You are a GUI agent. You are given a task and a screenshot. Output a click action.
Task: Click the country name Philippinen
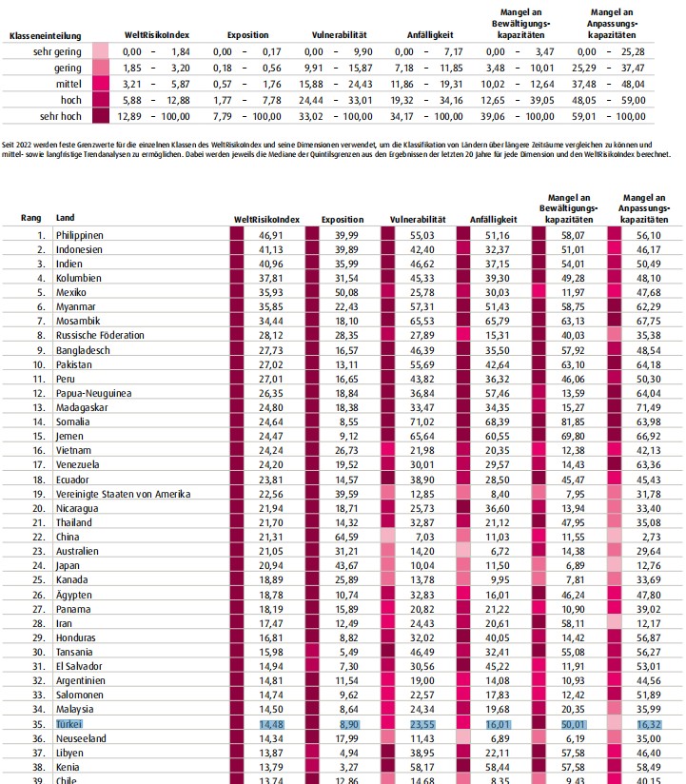coord(80,236)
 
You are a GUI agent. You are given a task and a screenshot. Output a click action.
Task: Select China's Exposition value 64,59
coord(346,537)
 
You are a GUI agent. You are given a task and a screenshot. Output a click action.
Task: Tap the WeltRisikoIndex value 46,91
coord(270,236)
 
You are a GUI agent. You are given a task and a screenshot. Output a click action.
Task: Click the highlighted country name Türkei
coord(69,724)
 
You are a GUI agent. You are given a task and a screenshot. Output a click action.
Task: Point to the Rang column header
coord(30,218)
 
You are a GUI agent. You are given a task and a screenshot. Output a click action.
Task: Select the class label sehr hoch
coord(61,116)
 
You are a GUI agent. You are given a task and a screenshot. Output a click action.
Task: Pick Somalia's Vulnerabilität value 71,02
coord(422,422)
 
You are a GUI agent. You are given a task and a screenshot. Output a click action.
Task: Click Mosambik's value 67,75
coord(649,321)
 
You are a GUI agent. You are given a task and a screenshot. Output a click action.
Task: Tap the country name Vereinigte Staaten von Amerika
coord(123,494)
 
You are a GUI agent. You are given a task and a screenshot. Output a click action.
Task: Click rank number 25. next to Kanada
coord(39,580)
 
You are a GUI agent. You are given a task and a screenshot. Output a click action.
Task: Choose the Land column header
coord(65,218)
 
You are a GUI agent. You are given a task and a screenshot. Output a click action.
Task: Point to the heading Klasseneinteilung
coord(45,36)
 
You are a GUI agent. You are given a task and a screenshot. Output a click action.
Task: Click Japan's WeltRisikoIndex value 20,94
coord(270,565)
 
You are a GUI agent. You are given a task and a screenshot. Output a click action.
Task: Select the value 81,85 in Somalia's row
coord(573,422)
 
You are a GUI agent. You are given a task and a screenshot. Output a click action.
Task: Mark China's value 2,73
coord(651,537)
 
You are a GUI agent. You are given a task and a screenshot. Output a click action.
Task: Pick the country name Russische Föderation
coord(100,336)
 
